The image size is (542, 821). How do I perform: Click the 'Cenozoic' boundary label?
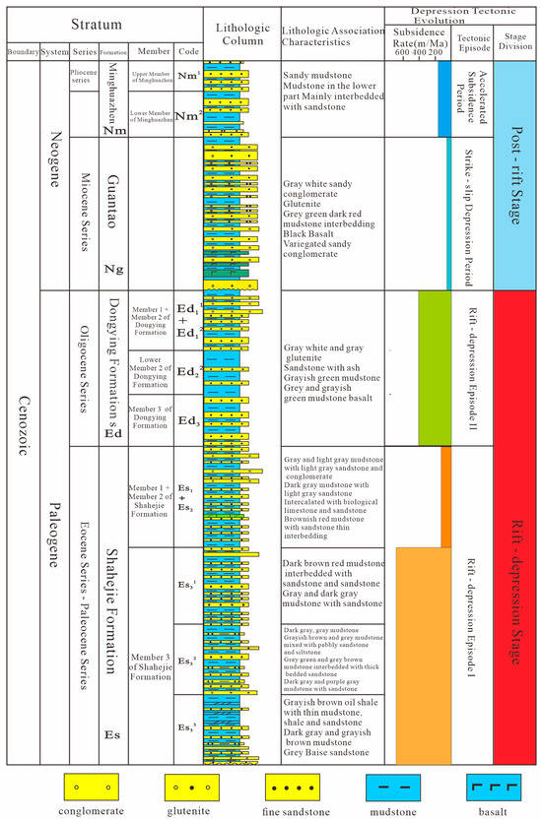(x=22, y=413)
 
